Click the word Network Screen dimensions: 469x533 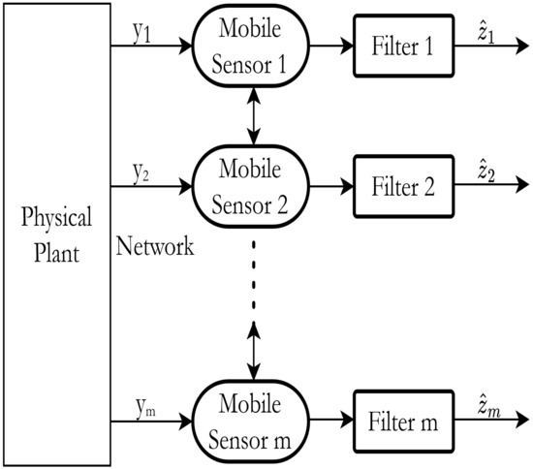pos(155,246)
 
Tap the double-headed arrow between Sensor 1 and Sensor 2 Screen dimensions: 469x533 pos(254,114)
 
